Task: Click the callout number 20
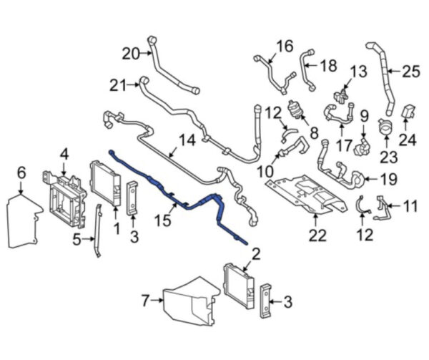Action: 131,53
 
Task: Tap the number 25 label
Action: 410,71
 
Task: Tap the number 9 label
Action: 363,114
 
